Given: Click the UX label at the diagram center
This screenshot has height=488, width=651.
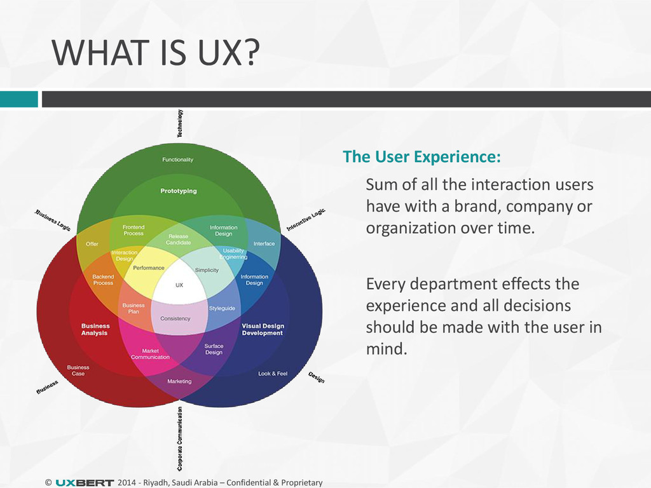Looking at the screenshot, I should tap(179, 285).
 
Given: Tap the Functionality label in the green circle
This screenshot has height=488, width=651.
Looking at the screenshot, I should tap(178, 159).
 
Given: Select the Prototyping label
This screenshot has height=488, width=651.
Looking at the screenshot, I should tap(179, 191).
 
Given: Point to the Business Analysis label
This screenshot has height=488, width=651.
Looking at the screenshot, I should tap(95, 329).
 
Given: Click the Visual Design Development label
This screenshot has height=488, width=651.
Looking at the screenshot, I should tap(262, 329).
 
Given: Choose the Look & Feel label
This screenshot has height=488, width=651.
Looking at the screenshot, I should tap(273, 374).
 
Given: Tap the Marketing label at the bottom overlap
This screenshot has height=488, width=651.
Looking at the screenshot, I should tap(179, 381).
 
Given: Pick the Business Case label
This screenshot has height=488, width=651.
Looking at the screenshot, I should tap(78, 370).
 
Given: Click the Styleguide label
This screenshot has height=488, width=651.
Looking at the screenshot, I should tap(222, 308).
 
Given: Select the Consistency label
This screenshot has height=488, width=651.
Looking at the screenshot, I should tap(175, 318).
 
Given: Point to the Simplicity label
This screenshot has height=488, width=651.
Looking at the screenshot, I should tap(207, 270).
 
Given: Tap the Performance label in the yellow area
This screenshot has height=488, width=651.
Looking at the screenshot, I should tap(149, 268).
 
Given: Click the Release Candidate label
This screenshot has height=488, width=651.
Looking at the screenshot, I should tap(179, 240).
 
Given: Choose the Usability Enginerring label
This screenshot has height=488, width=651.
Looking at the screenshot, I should tap(233, 254).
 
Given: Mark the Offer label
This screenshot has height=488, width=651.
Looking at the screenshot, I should tap(92, 243).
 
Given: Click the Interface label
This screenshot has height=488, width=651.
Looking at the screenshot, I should tap(264, 243).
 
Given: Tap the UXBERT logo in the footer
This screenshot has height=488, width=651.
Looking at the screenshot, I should tap(85, 483).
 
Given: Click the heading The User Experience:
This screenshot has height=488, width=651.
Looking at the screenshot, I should tap(421, 157).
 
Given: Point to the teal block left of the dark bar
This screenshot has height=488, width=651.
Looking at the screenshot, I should tap(18, 99).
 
